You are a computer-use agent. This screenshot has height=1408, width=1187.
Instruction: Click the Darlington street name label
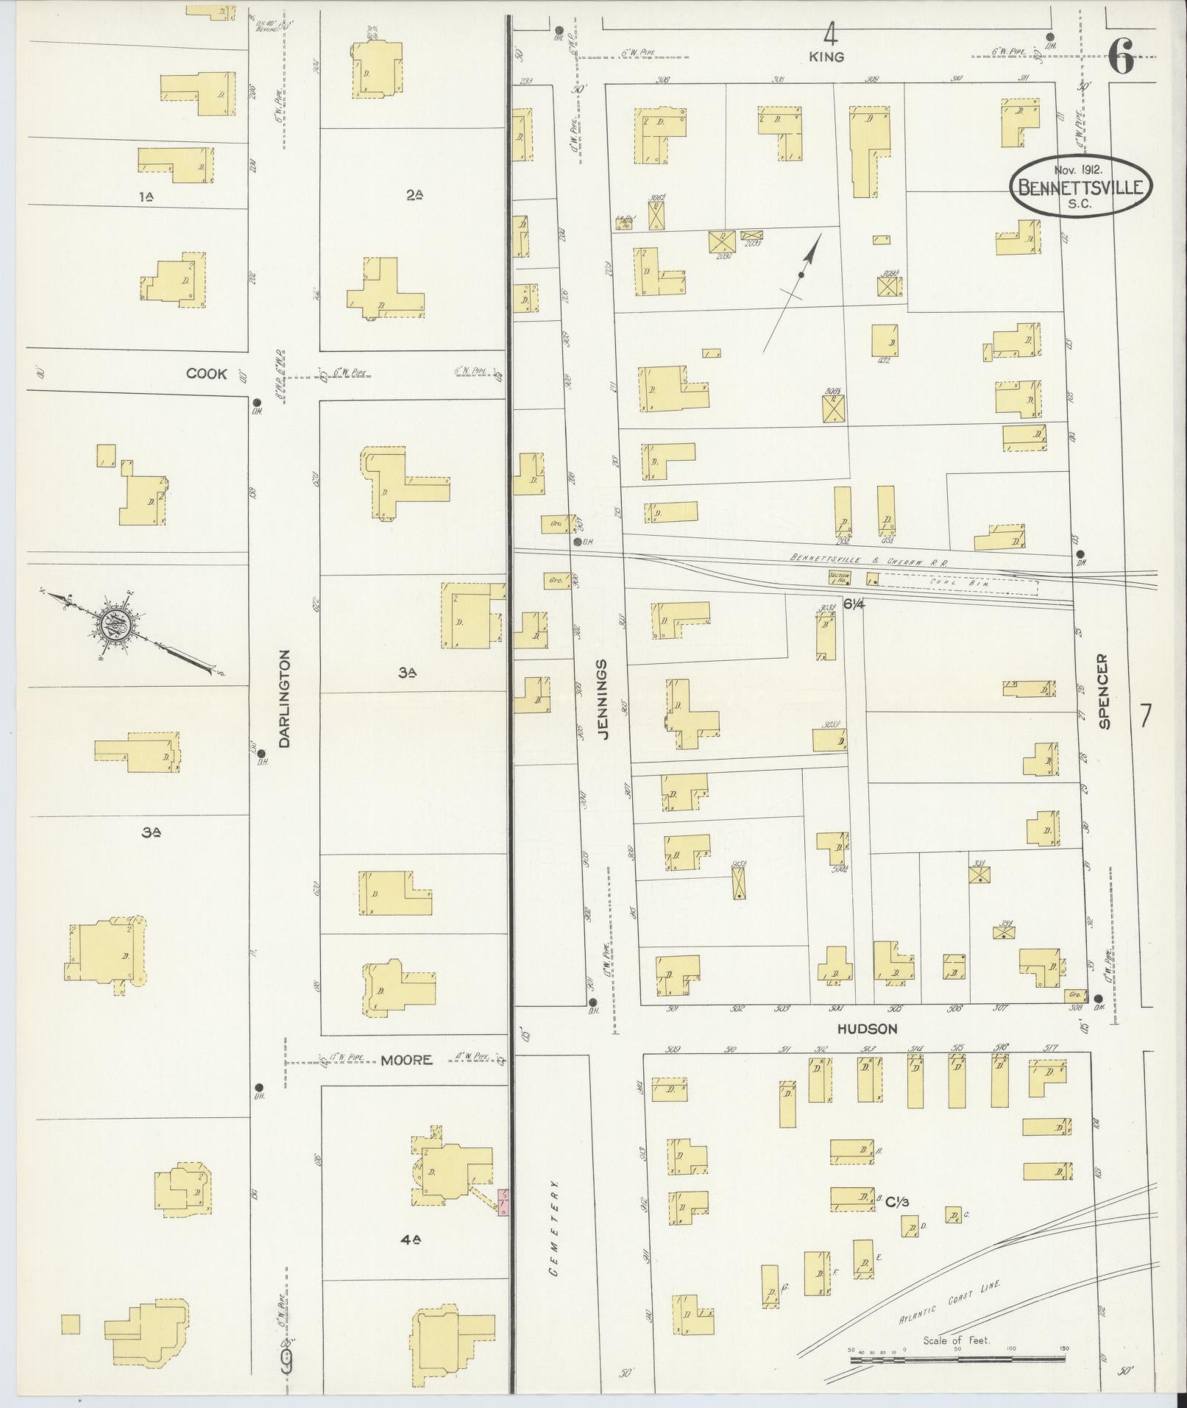(x=286, y=698)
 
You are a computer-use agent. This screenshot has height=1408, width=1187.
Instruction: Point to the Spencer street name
(x=1103, y=691)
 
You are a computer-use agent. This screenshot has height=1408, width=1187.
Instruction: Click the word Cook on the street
(x=207, y=374)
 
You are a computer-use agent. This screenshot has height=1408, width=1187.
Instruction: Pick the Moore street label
(x=406, y=1060)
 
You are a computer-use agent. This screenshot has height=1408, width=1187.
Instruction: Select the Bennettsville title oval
(x=1080, y=186)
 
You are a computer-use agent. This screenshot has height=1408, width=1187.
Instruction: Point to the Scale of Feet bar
(x=957, y=1360)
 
